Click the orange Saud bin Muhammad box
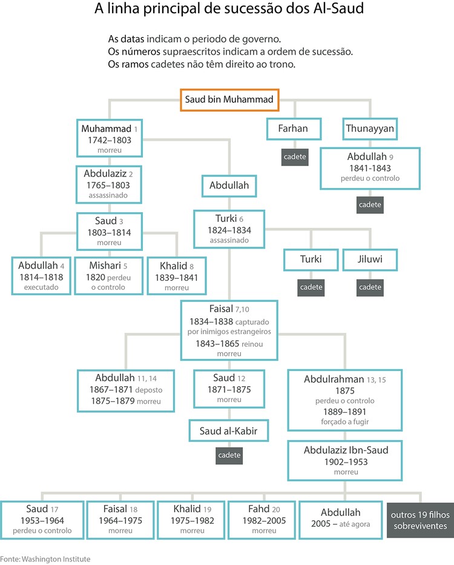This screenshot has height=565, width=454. point(229,99)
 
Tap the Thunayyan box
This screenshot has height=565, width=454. point(370,129)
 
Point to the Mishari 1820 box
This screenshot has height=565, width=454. point(108,276)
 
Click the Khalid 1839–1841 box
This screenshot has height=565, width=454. point(177,276)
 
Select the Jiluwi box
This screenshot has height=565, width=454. point(370,259)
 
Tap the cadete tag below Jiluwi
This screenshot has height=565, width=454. point(370,287)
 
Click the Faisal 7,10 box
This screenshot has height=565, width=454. point(229,330)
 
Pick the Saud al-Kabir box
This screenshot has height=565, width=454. point(229,431)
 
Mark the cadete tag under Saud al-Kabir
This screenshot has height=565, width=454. point(229,455)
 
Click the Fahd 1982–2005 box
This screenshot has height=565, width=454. point(263,520)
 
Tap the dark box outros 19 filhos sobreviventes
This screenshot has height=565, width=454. point(419,520)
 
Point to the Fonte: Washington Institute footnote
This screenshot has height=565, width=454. point(45,558)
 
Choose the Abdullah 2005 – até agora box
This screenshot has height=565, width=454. point(341,520)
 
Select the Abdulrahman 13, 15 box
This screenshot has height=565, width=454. point(346,401)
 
